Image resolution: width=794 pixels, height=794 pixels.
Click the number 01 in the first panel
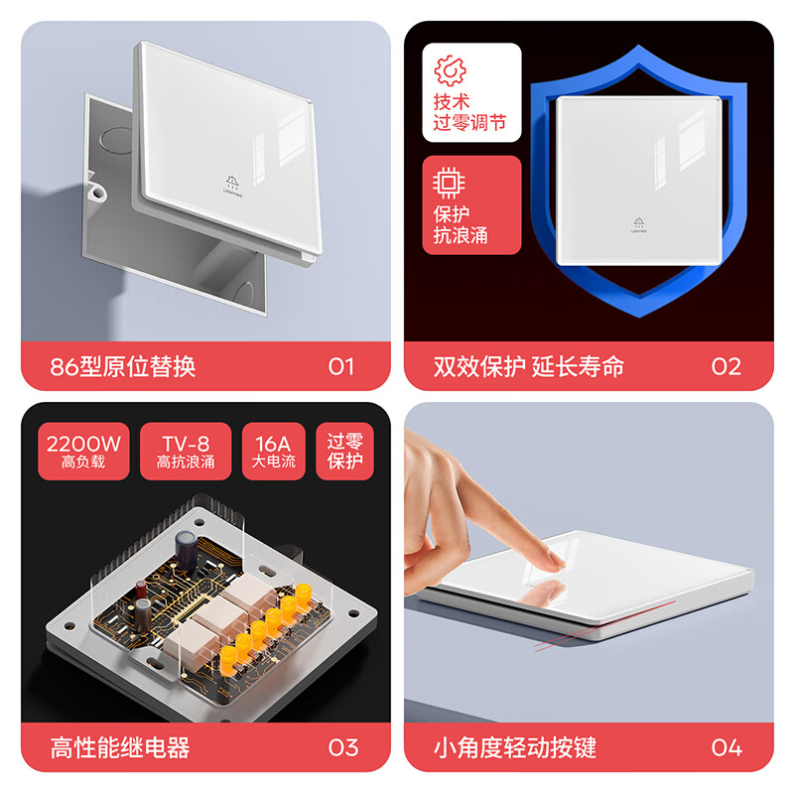pos(340,366)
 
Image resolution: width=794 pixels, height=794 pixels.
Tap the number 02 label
pos(726,366)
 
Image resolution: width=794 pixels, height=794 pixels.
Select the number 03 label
pos(342,747)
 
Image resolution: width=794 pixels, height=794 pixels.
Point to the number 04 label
pos(726,747)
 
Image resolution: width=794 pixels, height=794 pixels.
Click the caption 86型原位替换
pos(123,366)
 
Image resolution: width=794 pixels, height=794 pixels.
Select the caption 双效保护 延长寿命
pos(528,366)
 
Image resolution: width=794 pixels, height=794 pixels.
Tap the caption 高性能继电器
pos(119,747)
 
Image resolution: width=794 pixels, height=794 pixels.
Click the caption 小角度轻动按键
pos(515,747)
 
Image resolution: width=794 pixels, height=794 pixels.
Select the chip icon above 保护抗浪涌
pos(449,183)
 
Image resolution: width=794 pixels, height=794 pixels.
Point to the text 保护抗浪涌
pos(461,225)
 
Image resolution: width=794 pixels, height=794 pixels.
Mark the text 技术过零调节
pos(469,112)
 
